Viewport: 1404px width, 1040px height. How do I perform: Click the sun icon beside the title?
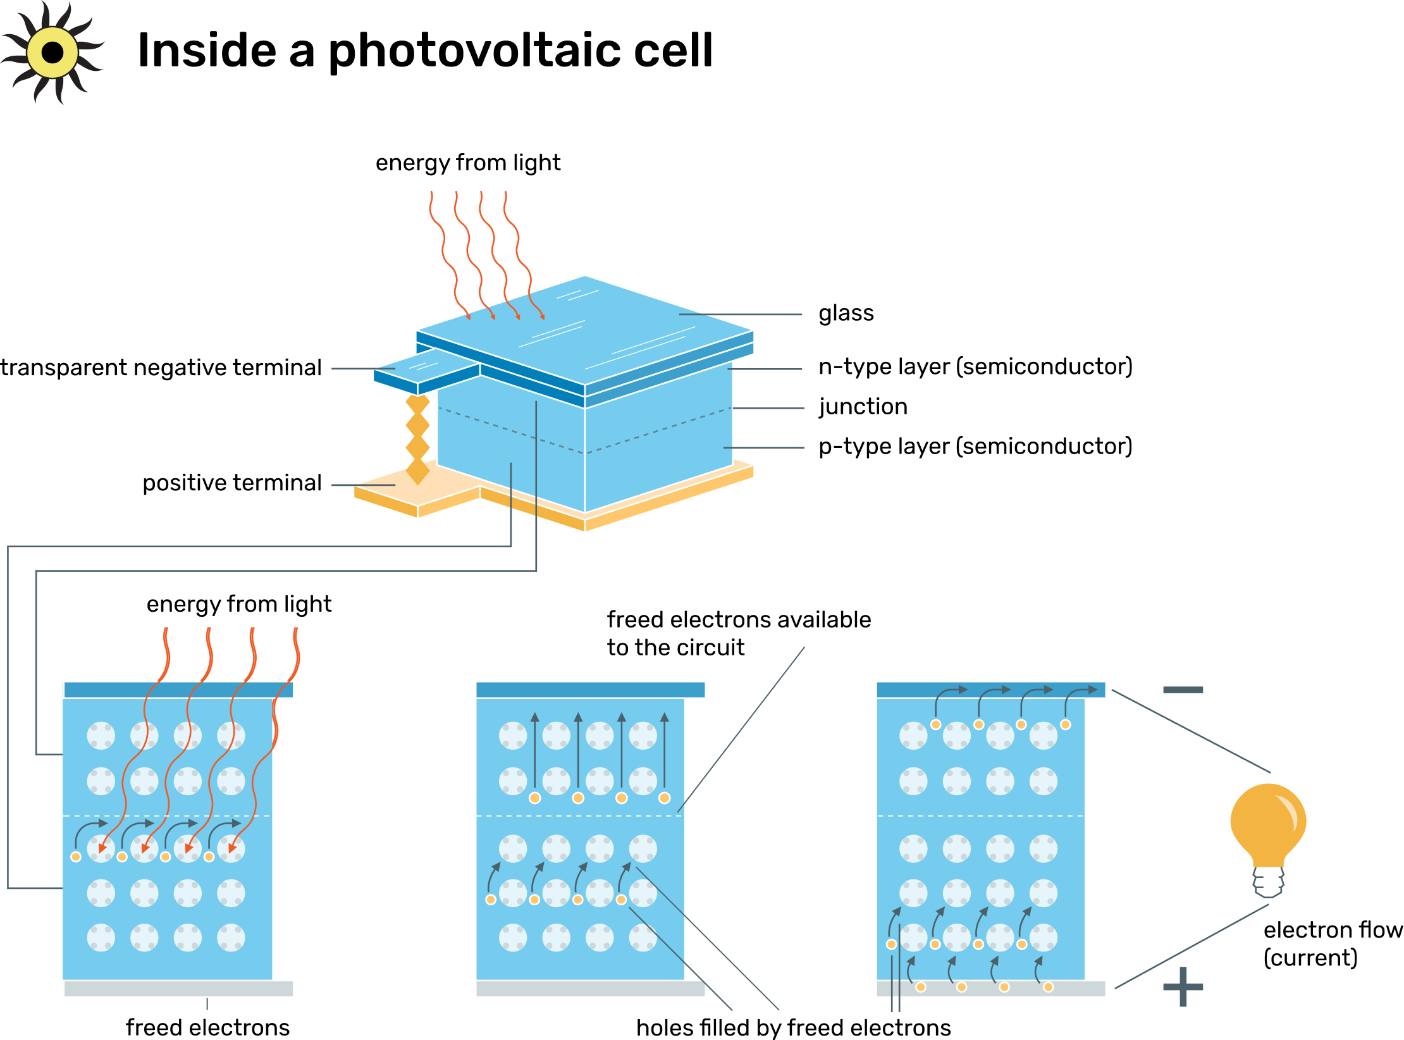(x=52, y=53)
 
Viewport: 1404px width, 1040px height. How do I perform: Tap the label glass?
(x=846, y=313)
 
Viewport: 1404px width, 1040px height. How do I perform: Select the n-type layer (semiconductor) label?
(x=975, y=367)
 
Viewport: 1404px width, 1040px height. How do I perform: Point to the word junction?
(x=863, y=407)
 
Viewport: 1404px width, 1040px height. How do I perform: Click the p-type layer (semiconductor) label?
(x=975, y=447)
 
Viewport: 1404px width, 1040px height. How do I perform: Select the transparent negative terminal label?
(x=161, y=368)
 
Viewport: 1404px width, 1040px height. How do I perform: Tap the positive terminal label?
(x=232, y=483)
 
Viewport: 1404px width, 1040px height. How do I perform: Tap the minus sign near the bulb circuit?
(x=1182, y=690)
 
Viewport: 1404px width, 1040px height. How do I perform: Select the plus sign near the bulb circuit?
(x=1182, y=987)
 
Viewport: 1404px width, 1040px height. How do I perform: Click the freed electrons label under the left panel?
(x=207, y=1027)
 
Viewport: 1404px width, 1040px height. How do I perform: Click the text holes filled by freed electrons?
(x=793, y=1027)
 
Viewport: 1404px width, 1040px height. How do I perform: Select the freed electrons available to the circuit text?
(x=738, y=633)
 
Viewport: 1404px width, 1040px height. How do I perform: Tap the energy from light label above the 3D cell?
(x=467, y=163)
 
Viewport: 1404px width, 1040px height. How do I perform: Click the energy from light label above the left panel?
(x=238, y=604)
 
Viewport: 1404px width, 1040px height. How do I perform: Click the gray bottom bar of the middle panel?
(x=589, y=988)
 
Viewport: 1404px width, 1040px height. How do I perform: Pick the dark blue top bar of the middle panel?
(x=589, y=690)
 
